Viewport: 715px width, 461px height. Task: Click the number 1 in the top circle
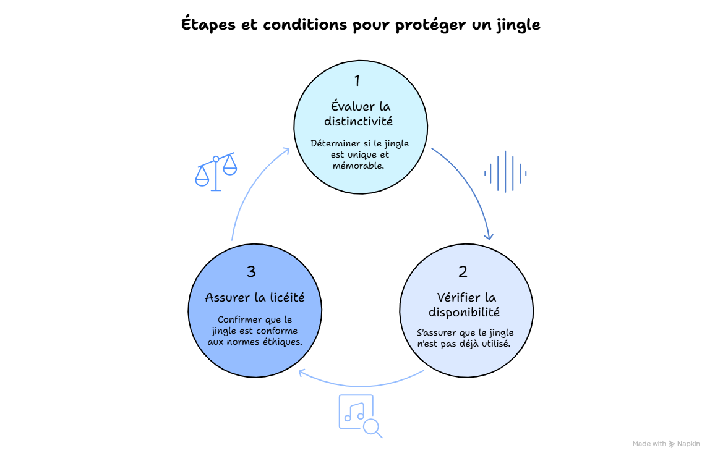pyautogui.click(x=357, y=80)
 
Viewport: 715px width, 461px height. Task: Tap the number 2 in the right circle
pyautogui.click(x=463, y=271)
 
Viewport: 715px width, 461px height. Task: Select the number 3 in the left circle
pyautogui.click(x=251, y=271)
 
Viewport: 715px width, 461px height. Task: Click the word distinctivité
pyautogui.click(x=358, y=121)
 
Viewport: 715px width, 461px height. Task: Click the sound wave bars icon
pyautogui.click(x=505, y=172)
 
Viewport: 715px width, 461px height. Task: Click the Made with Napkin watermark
pyautogui.click(x=666, y=444)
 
